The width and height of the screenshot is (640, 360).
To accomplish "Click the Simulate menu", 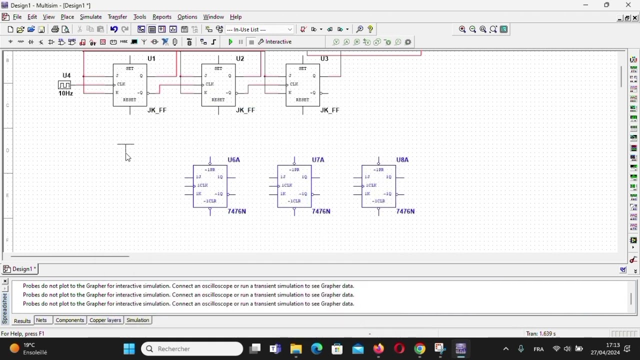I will (91, 17).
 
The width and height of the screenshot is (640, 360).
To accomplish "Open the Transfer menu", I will (117, 17).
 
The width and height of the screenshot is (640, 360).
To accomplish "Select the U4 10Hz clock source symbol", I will (64, 85).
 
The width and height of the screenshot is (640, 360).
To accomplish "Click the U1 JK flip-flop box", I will (130, 85).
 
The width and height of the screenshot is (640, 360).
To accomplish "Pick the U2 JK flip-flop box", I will (218, 85).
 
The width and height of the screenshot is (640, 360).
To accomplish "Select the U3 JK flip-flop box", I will (303, 85).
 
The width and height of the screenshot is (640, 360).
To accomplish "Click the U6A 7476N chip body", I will (210, 186).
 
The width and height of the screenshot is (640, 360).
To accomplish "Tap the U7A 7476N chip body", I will (294, 186).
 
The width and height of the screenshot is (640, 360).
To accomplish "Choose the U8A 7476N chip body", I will (379, 186).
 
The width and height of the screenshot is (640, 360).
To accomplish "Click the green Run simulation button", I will (230, 42).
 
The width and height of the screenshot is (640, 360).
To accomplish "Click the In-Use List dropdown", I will (260, 29).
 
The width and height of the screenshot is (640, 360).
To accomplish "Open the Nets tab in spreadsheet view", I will (42, 320).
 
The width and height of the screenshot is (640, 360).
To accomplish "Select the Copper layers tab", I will (105, 320).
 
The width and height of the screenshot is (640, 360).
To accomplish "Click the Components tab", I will (70, 320).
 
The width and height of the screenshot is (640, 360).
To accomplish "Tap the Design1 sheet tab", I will (20, 269).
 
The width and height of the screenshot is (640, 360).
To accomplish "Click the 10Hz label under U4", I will (65, 94).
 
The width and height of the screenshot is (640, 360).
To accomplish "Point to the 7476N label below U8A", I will (405, 212).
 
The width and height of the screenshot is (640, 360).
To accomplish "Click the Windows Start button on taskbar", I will (129, 349).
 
